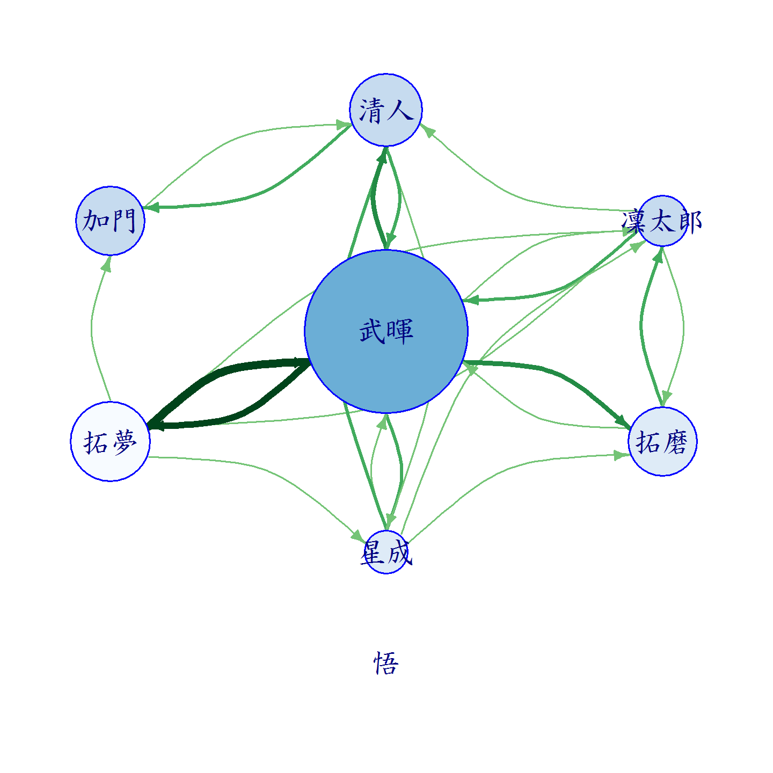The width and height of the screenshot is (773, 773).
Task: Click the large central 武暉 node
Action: point(386,331)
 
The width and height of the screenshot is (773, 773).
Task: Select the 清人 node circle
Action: point(386,110)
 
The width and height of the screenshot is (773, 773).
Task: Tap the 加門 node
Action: point(111,221)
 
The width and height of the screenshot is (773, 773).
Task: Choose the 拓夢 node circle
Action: point(111,441)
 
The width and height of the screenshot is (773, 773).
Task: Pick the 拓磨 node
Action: point(662,441)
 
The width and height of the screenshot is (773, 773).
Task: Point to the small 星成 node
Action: point(386,552)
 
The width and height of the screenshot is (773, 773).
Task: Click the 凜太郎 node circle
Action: point(662,221)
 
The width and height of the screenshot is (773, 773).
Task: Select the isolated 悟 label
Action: point(386,662)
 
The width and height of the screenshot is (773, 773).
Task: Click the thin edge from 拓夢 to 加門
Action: point(91,329)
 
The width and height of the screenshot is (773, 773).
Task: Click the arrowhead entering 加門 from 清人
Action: point(151,207)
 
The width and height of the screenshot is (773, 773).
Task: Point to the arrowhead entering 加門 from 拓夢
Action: point(107,263)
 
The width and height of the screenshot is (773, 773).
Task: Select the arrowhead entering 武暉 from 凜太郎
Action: point(471,300)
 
